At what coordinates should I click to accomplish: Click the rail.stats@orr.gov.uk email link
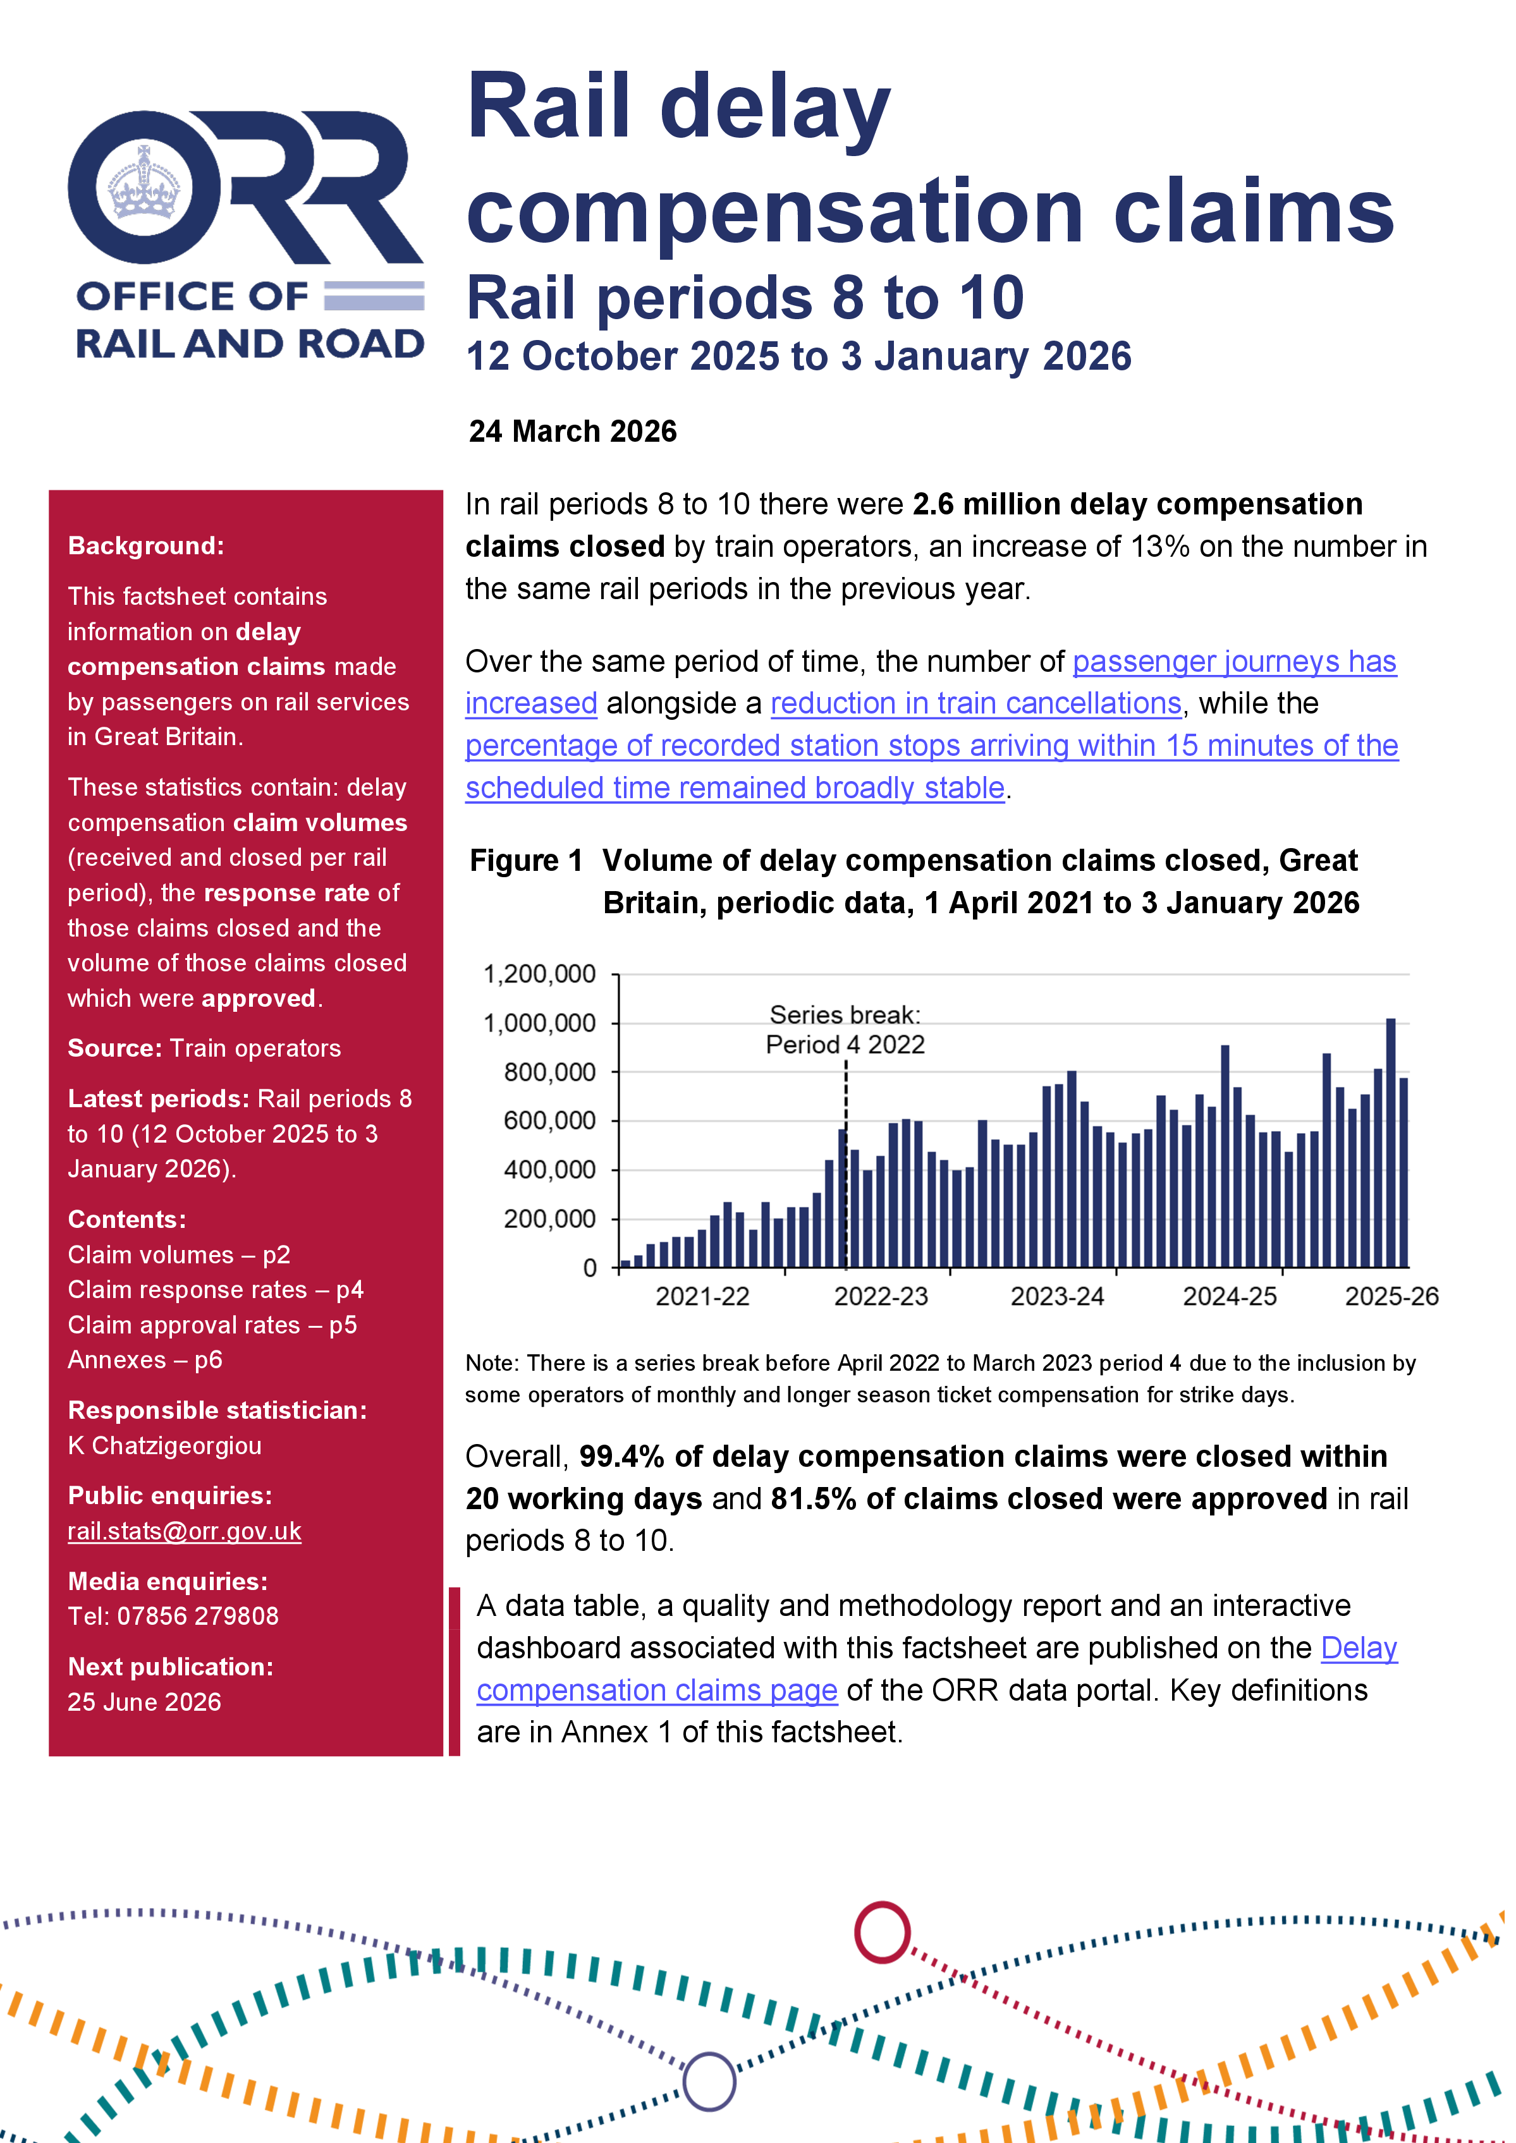click(184, 1532)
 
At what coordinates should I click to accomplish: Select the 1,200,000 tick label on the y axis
click(539, 974)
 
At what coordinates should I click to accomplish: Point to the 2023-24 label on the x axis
click(1057, 1296)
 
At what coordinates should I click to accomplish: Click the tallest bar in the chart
click(1390, 1143)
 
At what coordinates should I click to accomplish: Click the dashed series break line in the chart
click(846, 1167)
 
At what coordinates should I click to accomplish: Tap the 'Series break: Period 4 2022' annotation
click(845, 1029)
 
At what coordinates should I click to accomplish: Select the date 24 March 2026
click(572, 431)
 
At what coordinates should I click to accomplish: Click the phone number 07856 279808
click(197, 1617)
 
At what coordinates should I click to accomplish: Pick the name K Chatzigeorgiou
click(164, 1446)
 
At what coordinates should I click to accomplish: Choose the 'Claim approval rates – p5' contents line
click(212, 1325)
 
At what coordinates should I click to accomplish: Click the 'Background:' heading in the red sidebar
click(145, 546)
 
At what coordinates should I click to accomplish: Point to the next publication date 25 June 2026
click(144, 1703)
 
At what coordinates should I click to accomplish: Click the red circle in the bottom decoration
click(881, 1932)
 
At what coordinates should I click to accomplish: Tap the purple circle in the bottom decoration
click(709, 2082)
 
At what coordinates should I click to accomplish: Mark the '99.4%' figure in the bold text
click(620, 1457)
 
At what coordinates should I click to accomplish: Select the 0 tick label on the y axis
click(589, 1268)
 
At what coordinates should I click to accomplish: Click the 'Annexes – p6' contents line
click(145, 1360)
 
